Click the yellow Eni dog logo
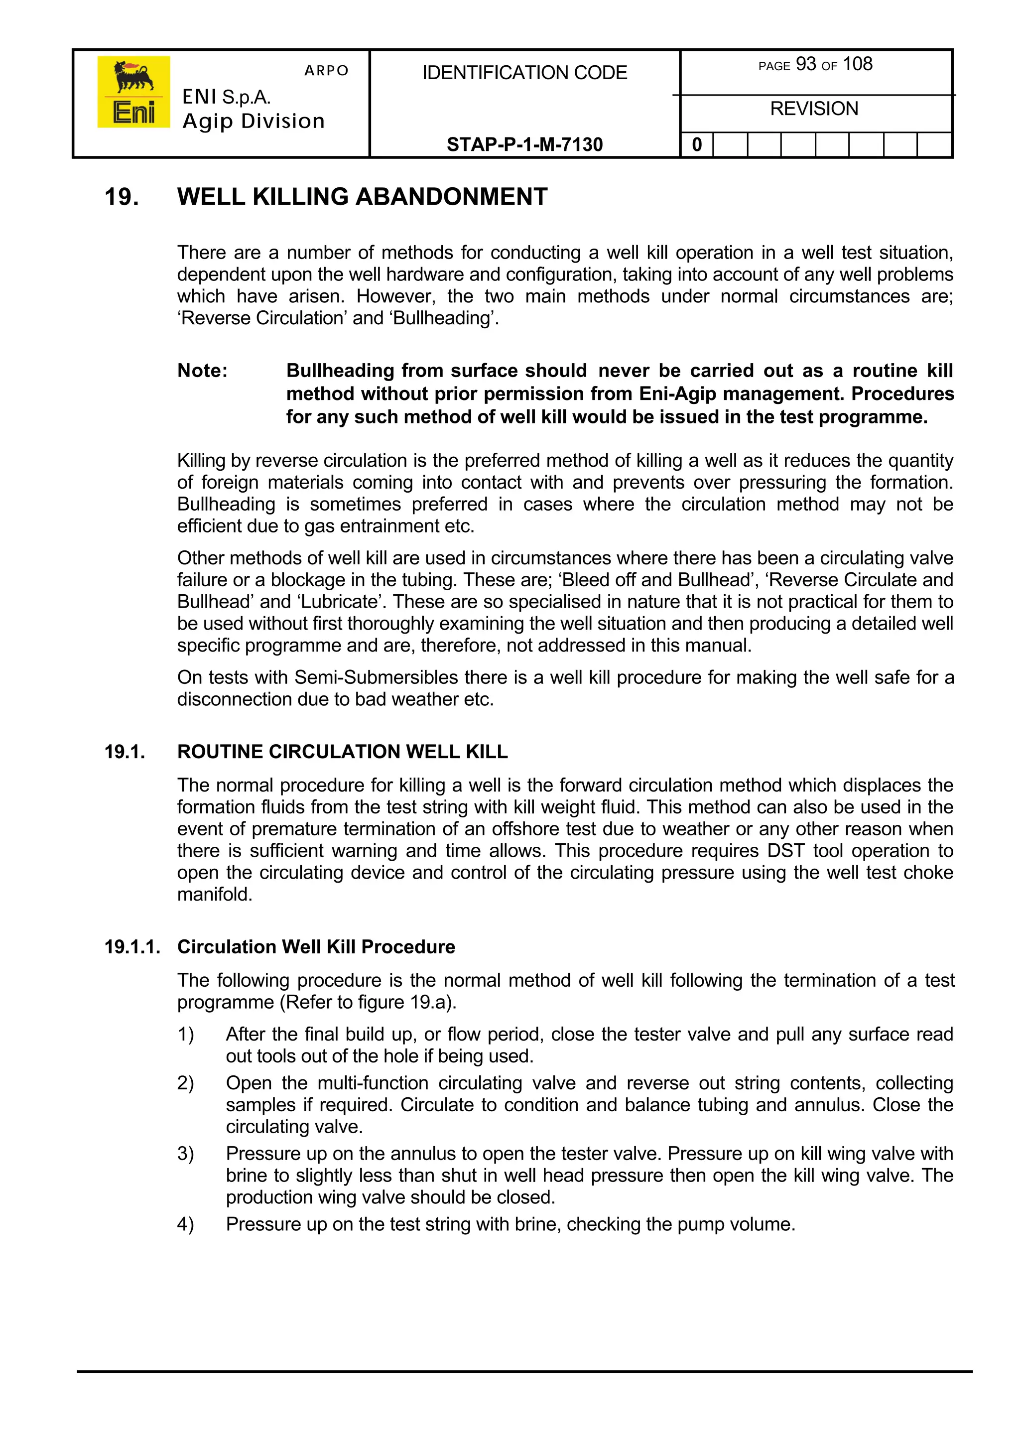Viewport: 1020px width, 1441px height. (x=133, y=92)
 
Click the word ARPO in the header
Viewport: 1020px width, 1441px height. (x=326, y=70)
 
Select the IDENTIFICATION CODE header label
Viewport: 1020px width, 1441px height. (x=524, y=73)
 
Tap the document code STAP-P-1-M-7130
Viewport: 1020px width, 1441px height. (x=524, y=144)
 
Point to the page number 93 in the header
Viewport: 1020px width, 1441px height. (x=806, y=64)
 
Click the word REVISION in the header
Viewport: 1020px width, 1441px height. (x=814, y=109)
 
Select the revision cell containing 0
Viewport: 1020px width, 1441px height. (x=697, y=145)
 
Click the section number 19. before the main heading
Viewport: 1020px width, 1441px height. (x=122, y=197)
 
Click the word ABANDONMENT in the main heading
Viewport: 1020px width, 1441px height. (x=452, y=197)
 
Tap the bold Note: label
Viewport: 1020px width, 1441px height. (x=202, y=371)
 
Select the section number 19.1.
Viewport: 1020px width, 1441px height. (x=125, y=752)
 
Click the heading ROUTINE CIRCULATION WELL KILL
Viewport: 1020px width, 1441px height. (x=342, y=752)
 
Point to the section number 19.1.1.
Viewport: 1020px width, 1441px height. (x=132, y=947)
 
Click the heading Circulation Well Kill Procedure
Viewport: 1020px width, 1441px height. (x=316, y=947)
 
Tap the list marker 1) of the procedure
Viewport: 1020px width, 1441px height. (x=185, y=1034)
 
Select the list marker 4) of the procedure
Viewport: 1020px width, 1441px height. (x=185, y=1224)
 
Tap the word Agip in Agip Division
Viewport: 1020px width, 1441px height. (x=208, y=121)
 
